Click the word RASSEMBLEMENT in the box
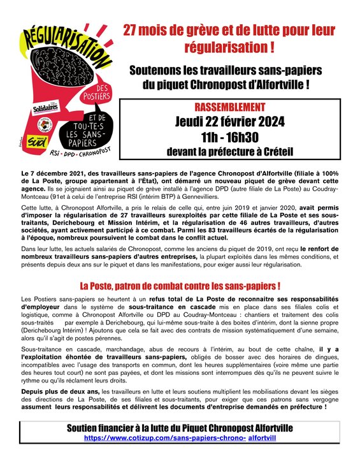(x=231, y=106)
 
